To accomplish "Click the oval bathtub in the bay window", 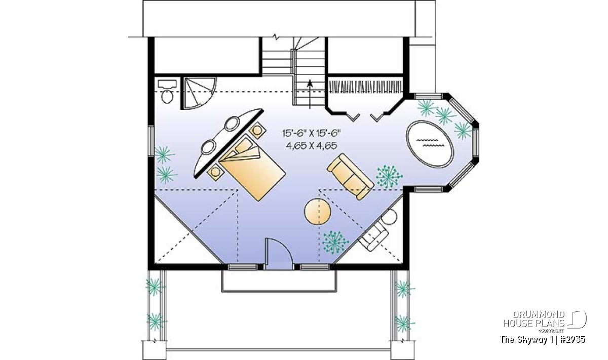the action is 430,144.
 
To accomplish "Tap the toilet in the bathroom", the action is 167,92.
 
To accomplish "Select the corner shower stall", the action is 199,93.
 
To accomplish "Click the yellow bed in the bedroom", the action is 252,168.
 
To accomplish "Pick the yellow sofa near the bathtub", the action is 351,176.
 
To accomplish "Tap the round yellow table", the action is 318,212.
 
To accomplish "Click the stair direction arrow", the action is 310,94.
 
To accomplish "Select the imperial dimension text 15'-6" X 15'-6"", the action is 311,133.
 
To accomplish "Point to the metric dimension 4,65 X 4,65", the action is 312,146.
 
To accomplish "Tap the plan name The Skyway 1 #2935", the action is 543,340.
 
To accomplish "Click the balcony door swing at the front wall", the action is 279,254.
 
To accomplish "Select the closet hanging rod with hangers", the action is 366,87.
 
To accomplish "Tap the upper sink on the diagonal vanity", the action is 232,123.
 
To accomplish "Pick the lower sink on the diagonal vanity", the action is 208,147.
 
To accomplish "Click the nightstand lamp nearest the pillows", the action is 256,131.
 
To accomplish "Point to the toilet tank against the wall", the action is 167,84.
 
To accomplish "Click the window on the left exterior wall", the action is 151,141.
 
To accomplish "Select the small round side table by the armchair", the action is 389,217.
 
